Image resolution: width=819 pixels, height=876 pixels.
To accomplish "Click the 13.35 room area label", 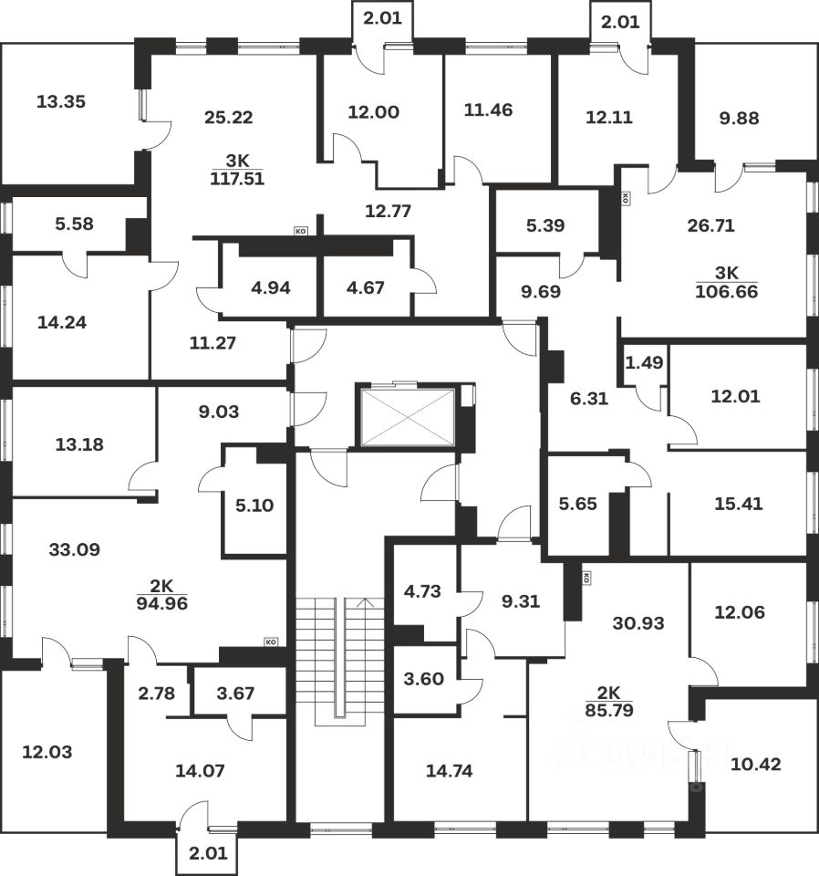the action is (x=60, y=101).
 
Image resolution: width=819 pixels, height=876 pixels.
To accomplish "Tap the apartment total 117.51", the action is (x=236, y=179).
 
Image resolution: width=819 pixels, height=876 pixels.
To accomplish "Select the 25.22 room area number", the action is (x=228, y=117).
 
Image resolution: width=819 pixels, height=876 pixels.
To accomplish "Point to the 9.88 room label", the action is (x=739, y=118).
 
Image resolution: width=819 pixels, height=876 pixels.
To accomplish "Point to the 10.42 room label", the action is (x=756, y=764).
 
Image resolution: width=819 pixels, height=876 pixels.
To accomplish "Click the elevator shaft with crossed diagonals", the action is (x=407, y=417).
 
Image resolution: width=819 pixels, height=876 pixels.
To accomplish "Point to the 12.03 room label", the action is (x=47, y=753).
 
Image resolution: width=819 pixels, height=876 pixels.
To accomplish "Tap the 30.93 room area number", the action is (x=639, y=624).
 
